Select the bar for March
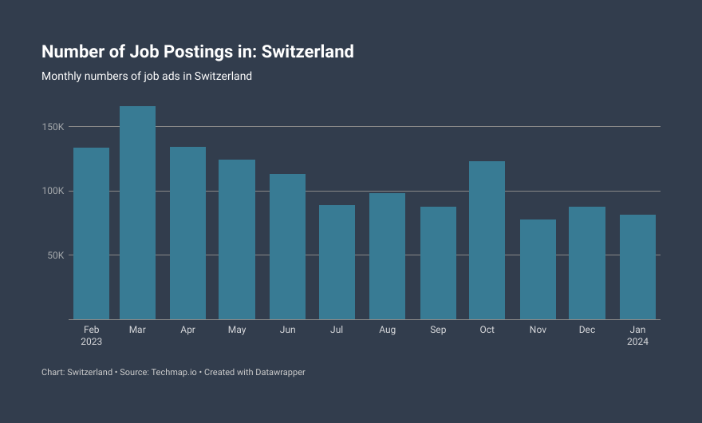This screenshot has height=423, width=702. pyautogui.click(x=137, y=212)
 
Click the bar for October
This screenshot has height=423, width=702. pyautogui.click(x=487, y=240)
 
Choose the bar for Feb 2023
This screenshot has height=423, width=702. pyautogui.click(x=91, y=233)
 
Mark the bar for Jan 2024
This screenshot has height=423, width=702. pyautogui.click(x=637, y=267)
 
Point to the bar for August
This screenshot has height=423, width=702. pyautogui.click(x=387, y=256)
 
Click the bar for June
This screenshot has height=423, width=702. pyautogui.click(x=287, y=247)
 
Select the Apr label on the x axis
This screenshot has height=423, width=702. pyautogui.click(x=187, y=330)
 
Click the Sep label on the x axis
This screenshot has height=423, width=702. pyautogui.click(x=438, y=330)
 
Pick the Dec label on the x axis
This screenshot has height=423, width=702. pyautogui.click(x=587, y=330)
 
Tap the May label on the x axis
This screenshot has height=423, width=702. pyautogui.click(x=237, y=330)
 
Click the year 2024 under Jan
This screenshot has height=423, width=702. pyautogui.click(x=637, y=342)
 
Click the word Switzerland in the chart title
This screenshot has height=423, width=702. pyautogui.click(x=308, y=52)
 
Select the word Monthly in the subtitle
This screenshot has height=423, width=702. pyautogui.click(x=62, y=77)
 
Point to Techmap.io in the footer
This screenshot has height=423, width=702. pyautogui.click(x=173, y=372)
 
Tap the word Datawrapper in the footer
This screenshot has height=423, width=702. pyautogui.click(x=277, y=372)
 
